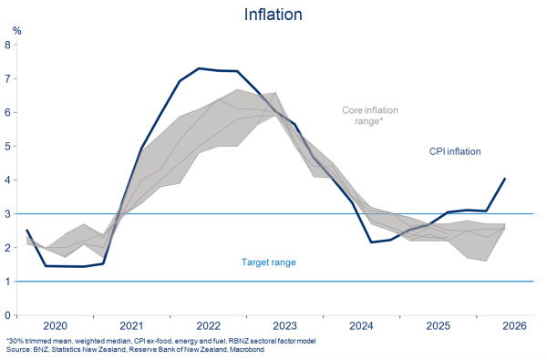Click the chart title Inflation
(x=273, y=15)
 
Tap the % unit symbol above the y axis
(x=17, y=31)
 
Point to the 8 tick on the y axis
(x=7, y=45)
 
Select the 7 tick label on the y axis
(x=7, y=78)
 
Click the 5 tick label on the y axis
(x=7, y=146)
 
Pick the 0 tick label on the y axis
(x=7, y=315)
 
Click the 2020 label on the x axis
(x=55, y=325)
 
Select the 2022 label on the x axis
(x=208, y=325)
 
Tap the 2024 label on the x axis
(x=361, y=325)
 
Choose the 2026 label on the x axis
(x=514, y=325)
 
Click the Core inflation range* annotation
(x=370, y=116)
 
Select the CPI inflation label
(x=455, y=151)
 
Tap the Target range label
(x=269, y=262)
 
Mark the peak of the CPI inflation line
(x=199, y=68)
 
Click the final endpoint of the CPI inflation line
(x=505, y=179)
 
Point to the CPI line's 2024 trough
(x=371, y=242)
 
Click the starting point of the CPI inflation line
(x=26, y=230)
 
